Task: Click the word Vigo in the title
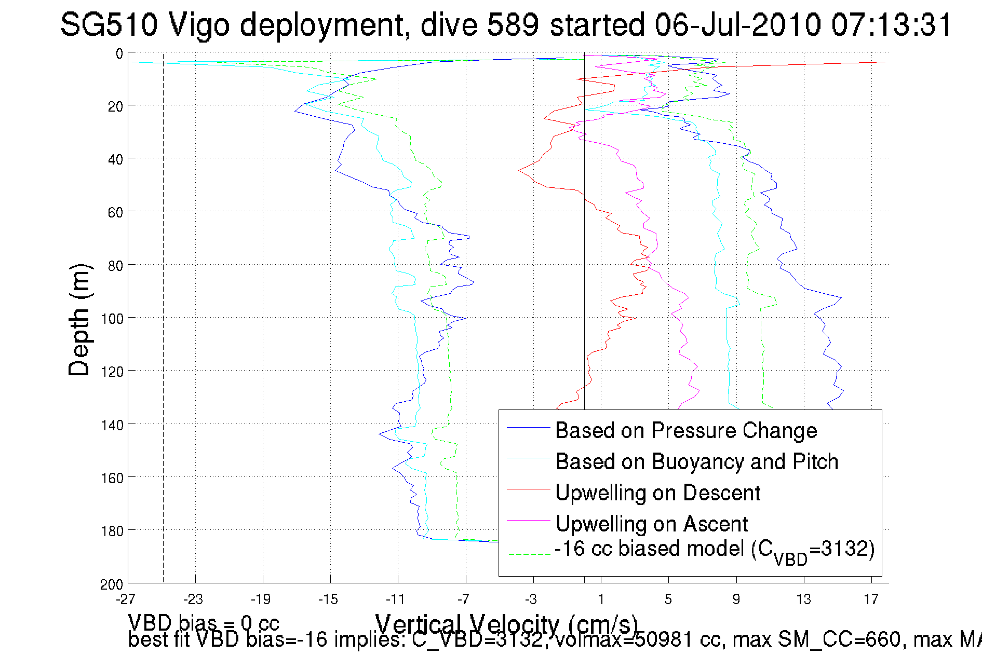198,24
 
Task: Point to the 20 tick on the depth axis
115,106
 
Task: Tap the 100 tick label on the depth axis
112,319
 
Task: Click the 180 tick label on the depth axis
112,531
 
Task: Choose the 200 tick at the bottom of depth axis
112,584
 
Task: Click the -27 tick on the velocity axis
126,599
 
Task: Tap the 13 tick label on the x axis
803,599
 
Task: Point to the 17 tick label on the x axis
871,599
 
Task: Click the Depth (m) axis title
79,320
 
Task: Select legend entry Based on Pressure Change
685,430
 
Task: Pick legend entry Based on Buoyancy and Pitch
696,461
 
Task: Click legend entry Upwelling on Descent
657,493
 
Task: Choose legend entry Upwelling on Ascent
651,524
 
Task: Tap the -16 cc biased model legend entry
714,550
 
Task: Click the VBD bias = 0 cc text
204,623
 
